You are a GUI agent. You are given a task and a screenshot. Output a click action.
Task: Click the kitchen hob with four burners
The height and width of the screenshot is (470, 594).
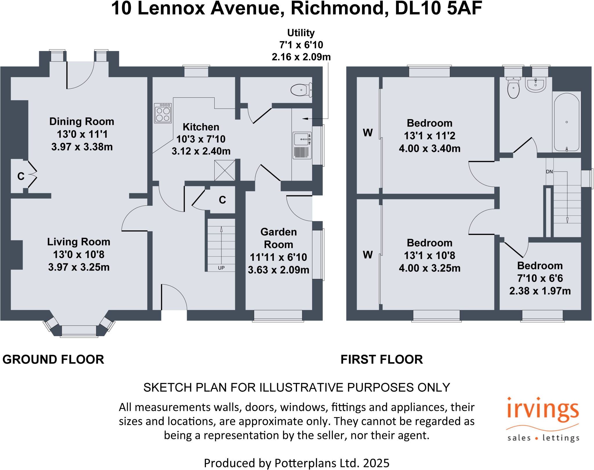pyautogui.click(x=163, y=113)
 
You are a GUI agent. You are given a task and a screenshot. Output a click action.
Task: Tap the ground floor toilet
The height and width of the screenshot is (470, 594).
pyautogui.click(x=301, y=90)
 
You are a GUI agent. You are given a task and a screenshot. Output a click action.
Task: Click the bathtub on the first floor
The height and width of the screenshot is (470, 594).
pyautogui.click(x=566, y=122)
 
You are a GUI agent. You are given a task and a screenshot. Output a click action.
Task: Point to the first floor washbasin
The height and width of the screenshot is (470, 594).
pyautogui.click(x=535, y=84)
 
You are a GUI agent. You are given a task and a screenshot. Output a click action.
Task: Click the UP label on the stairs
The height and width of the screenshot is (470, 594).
pyautogui.click(x=221, y=268)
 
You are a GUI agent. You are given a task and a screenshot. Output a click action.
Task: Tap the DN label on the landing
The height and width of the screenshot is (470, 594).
pyautogui.click(x=549, y=172)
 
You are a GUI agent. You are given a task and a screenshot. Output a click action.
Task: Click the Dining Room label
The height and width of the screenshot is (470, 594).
pyautogui.click(x=82, y=121)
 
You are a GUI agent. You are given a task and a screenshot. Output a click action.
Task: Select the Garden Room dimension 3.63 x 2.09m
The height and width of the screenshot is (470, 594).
pyautogui.click(x=278, y=270)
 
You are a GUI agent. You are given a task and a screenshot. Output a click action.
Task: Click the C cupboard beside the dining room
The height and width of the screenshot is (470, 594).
pyautogui.click(x=21, y=176)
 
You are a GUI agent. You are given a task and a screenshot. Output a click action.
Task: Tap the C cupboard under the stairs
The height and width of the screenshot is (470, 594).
pyautogui.click(x=222, y=200)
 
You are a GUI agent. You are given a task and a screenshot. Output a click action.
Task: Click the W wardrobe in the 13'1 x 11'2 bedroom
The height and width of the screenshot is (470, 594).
pyautogui.click(x=367, y=133)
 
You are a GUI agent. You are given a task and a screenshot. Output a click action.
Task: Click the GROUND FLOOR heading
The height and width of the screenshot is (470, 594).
pyautogui.click(x=53, y=359)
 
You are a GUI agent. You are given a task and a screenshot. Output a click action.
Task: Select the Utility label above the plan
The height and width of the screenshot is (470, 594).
pyautogui.click(x=301, y=33)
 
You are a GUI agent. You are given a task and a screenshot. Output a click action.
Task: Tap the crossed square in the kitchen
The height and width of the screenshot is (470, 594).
pyautogui.click(x=225, y=171)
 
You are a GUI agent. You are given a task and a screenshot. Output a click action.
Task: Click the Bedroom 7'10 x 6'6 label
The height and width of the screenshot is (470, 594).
pyautogui.click(x=540, y=265)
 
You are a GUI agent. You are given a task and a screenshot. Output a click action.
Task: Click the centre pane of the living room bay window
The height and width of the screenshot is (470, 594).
pyautogui.click(x=79, y=330)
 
